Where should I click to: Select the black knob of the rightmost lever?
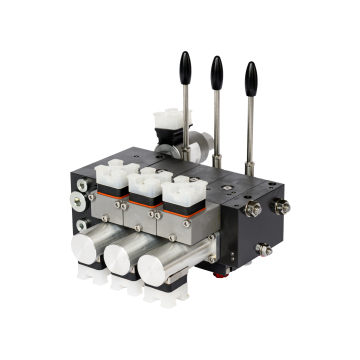pos(251,77)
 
